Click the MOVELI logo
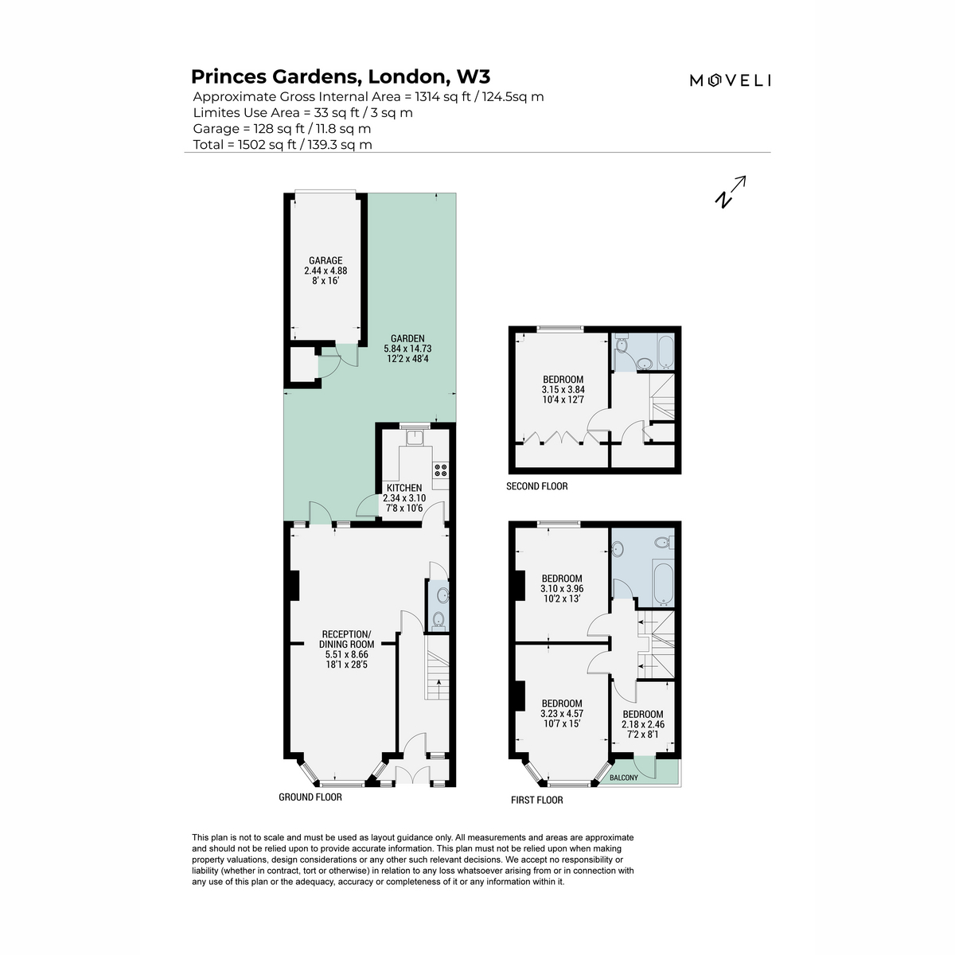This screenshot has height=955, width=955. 730,80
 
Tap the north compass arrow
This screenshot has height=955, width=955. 730,192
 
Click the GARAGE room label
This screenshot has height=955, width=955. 325,260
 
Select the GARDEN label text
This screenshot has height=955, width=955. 407,338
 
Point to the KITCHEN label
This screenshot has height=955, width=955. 404,488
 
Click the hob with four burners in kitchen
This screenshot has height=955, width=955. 440,470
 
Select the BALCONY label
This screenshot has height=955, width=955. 623,778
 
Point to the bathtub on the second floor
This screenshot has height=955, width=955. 665,352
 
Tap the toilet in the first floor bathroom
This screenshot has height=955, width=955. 664,544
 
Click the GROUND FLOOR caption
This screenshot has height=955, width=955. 310,797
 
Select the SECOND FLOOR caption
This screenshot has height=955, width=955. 536,486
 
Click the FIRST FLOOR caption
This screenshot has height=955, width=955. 536,800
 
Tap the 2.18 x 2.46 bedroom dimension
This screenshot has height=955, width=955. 643,724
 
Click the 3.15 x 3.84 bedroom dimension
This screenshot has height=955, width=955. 563,389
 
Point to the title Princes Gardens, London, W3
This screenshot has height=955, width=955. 341,77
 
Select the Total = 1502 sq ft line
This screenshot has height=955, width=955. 283,145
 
